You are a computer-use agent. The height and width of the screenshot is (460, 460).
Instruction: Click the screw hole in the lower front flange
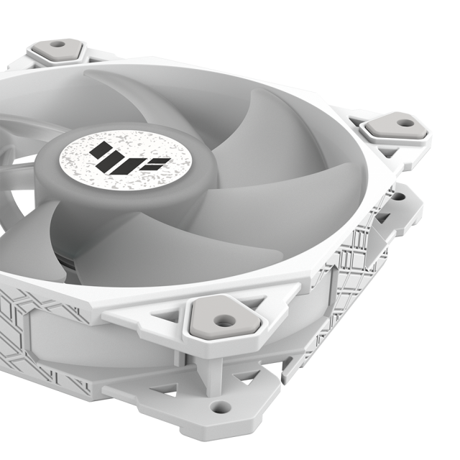point(221,407)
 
